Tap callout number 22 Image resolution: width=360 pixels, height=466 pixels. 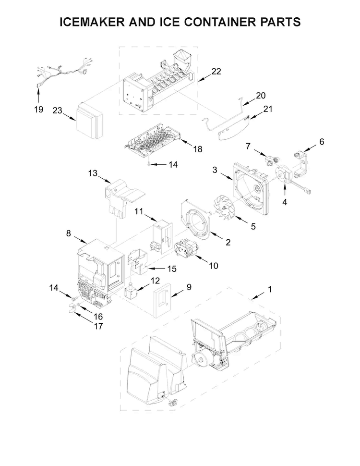[x=216, y=72]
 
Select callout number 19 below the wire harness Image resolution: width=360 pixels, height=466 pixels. [x=38, y=110]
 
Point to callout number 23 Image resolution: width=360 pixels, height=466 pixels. [x=58, y=110]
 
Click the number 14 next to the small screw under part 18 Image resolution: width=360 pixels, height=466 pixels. [x=173, y=164]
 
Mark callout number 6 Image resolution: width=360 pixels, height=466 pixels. [x=321, y=142]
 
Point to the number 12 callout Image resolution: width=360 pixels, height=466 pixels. [x=155, y=280]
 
